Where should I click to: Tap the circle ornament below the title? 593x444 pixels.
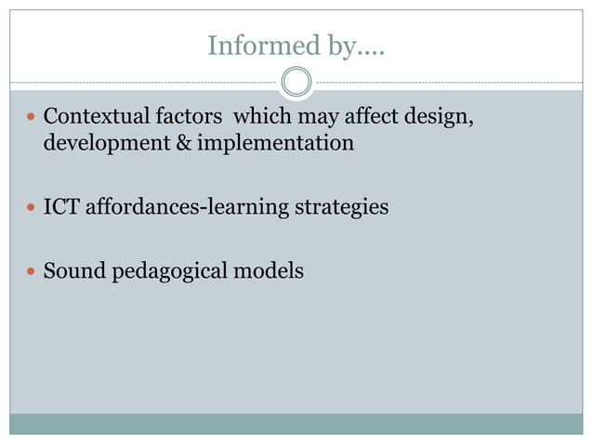coord(296,82)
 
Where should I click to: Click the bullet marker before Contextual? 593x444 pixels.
coord(32,120)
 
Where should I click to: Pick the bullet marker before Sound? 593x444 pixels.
coord(32,271)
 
